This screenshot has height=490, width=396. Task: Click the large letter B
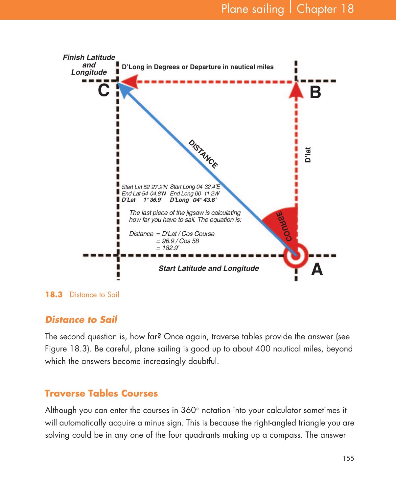[x=315, y=92]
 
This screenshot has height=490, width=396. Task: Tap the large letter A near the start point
[x=317, y=270]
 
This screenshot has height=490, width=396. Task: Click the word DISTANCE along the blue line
[x=203, y=154]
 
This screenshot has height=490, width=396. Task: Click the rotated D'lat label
[x=308, y=155]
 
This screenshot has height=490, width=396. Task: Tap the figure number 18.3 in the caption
[x=54, y=295]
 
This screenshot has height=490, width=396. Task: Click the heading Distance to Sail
[x=81, y=320]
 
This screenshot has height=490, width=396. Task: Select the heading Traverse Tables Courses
[x=101, y=394]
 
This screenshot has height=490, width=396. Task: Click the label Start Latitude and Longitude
[x=209, y=269]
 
